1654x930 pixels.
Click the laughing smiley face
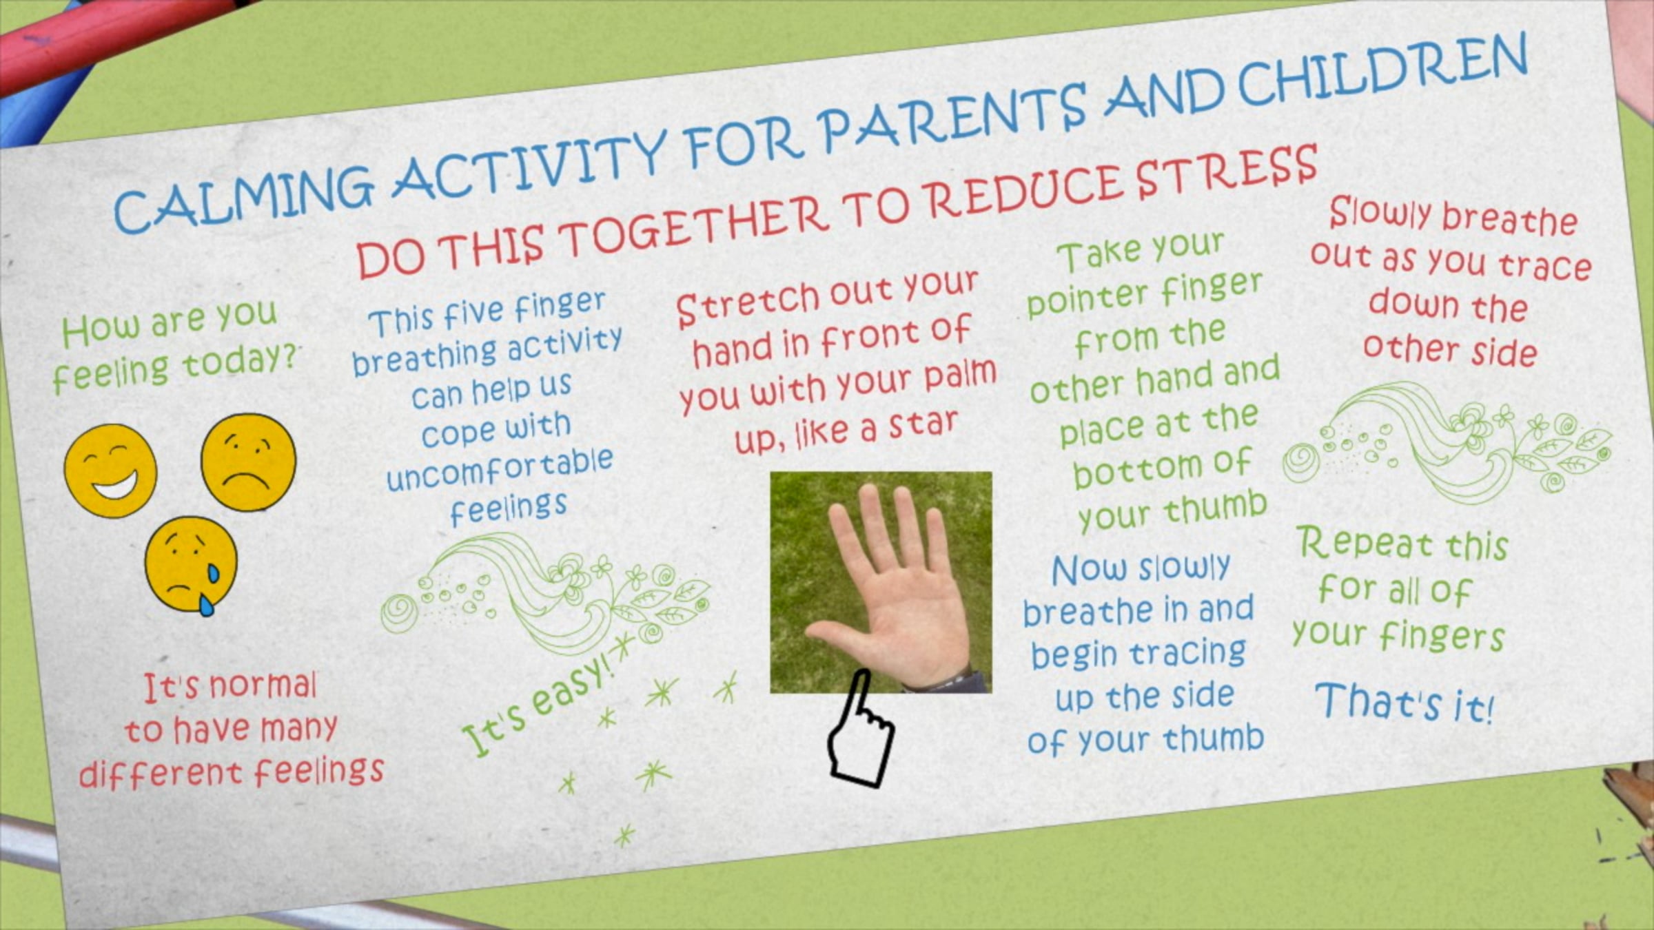tap(110, 471)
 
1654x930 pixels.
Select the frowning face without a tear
tap(248, 462)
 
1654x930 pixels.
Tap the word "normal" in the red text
tap(262, 686)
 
